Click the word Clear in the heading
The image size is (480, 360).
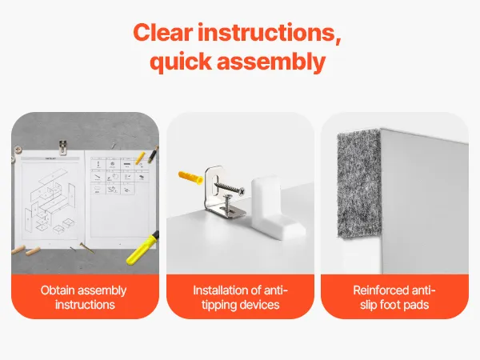point(163,33)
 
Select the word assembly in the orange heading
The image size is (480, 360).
point(271,62)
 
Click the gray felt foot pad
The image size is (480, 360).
point(359,184)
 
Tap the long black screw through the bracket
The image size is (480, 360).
point(230,187)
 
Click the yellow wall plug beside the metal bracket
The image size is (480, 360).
point(190,178)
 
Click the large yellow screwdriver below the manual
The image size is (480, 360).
point(143,248)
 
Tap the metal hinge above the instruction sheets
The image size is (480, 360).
point(62,147)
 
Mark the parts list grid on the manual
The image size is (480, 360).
point(120,176)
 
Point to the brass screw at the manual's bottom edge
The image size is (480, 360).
point(86,248)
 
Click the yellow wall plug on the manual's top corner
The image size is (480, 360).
point(140,158)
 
